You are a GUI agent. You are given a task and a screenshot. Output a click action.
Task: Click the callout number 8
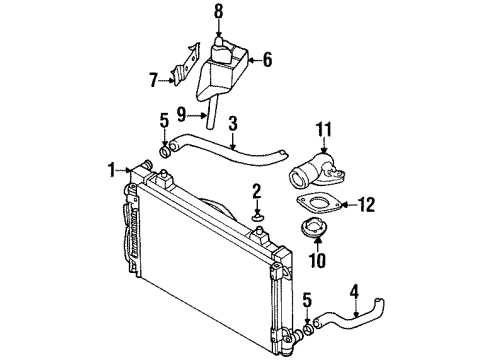(219, 12)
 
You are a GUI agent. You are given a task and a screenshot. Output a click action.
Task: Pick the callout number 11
(322, 129)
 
